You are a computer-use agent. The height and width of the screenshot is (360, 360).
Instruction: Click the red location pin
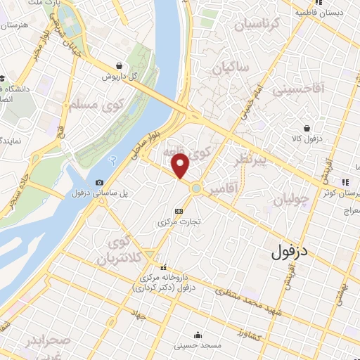click(181, 166)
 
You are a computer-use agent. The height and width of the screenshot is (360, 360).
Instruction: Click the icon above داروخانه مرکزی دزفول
click(164, 267)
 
